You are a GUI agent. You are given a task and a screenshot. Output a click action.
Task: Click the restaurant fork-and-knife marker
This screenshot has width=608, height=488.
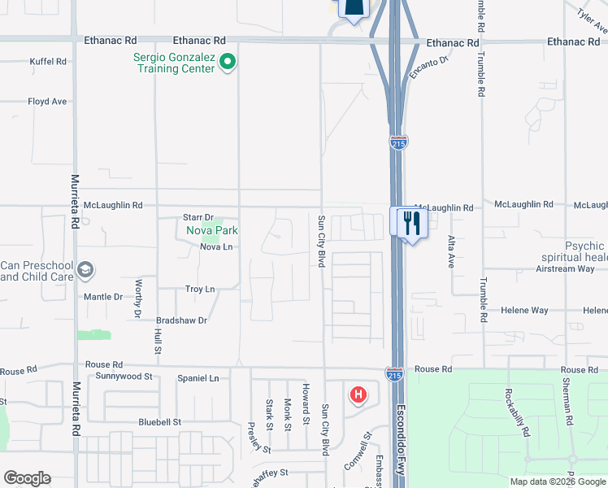click(x=409, y=221)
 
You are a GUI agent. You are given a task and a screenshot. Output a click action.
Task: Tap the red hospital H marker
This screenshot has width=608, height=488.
click(x=357, y=396)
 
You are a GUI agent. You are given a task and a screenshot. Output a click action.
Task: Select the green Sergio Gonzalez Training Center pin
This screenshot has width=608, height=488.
click(x=228, y=61)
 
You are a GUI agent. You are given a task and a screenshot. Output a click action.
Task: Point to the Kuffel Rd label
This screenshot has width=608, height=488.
click(x=48, y=61)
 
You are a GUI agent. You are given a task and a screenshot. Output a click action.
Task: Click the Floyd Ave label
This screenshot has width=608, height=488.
click(x=47, y=102)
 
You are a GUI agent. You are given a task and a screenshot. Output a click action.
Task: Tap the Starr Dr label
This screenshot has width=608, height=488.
click(x=198, y=217)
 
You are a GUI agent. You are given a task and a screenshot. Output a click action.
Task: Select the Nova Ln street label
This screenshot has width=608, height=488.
click(x=216, y=247)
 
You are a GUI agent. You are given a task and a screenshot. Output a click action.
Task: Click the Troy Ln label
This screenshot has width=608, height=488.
click(x=200, y=289)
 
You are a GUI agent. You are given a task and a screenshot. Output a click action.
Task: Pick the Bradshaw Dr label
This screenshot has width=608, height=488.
click(x=182, y=320)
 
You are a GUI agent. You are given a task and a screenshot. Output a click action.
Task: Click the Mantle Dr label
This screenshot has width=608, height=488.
click(x=103, y=297)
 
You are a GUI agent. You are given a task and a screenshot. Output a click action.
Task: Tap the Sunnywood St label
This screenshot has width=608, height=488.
click(x=124, y=377)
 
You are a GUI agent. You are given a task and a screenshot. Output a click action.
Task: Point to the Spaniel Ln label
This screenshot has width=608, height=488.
click(x=198, y=378)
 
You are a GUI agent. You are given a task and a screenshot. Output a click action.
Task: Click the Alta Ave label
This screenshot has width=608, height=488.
click(x=451, y=251)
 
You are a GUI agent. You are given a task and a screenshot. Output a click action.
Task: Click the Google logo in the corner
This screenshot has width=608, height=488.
click(x=27, y=478)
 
